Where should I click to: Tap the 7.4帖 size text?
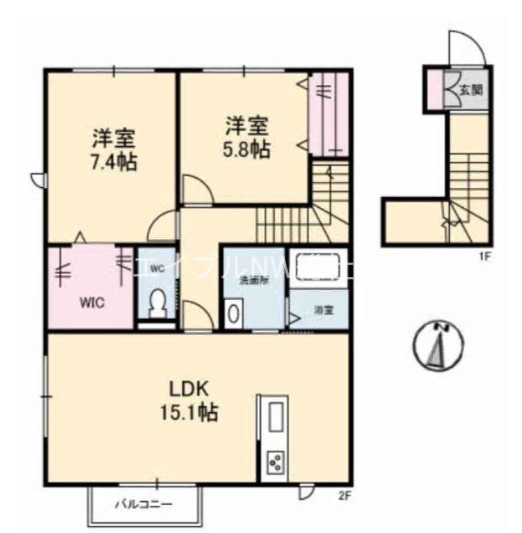(114, 162)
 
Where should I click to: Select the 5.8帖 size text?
(247, 149)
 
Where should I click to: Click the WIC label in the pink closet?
(92, 302)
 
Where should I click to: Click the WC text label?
(157, 269)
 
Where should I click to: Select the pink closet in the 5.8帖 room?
(329, 113)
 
